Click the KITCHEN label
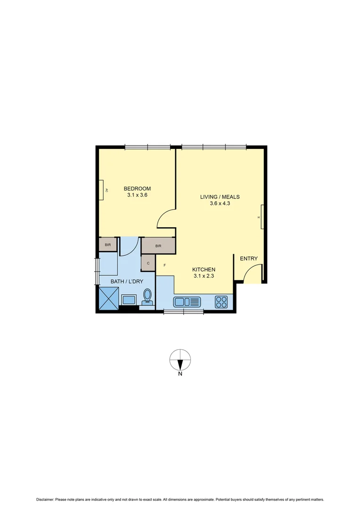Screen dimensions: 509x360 [204, 270]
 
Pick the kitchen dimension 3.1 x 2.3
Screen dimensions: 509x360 [204, 276]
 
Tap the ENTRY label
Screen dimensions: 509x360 [249, 259]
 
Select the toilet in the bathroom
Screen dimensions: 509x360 [147, 297]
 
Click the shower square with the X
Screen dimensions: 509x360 [109, 298]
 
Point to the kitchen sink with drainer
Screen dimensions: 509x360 [187, 302]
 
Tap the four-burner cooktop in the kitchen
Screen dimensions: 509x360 [221, 302]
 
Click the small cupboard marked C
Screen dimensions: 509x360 [148, 263]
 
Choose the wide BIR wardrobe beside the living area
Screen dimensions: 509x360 [158, 246]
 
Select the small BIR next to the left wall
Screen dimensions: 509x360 [108, 245]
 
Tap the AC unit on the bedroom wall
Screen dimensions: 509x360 [101, 190]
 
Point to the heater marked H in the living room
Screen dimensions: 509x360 [262, 217]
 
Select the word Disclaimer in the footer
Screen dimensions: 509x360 [45, 500]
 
